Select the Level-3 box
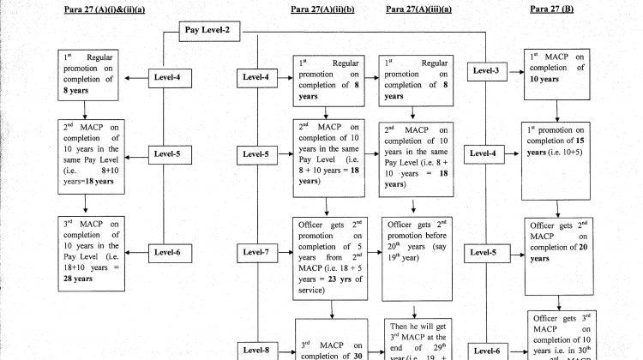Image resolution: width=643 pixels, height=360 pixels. [485, 70]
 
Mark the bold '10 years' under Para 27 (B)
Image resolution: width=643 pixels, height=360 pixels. [544, 79]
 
